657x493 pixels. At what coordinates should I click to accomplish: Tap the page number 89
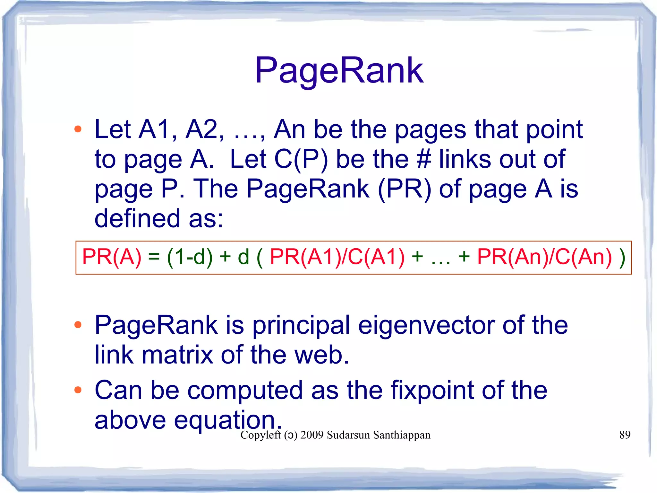coord(625,435)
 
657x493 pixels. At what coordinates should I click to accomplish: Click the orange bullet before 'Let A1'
coord(78,129)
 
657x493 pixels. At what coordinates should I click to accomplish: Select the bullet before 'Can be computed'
coord(78,390)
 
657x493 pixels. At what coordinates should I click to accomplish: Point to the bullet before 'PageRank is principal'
coord(78,325)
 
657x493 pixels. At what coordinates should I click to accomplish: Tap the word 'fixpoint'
coord(432,390)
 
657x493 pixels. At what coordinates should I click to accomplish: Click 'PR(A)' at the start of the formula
coord(112,257)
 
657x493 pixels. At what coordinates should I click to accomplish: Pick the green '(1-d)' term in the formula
coord(190,257)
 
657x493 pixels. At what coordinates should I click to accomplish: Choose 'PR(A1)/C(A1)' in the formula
coord(337,257)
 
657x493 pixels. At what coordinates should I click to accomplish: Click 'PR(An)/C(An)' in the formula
coord(544,257)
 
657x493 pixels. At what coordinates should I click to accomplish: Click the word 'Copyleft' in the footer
coord(260,435)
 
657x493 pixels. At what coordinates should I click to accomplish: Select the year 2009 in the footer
coord(312,435)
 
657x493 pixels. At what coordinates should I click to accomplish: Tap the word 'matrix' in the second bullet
coord(177,355)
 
